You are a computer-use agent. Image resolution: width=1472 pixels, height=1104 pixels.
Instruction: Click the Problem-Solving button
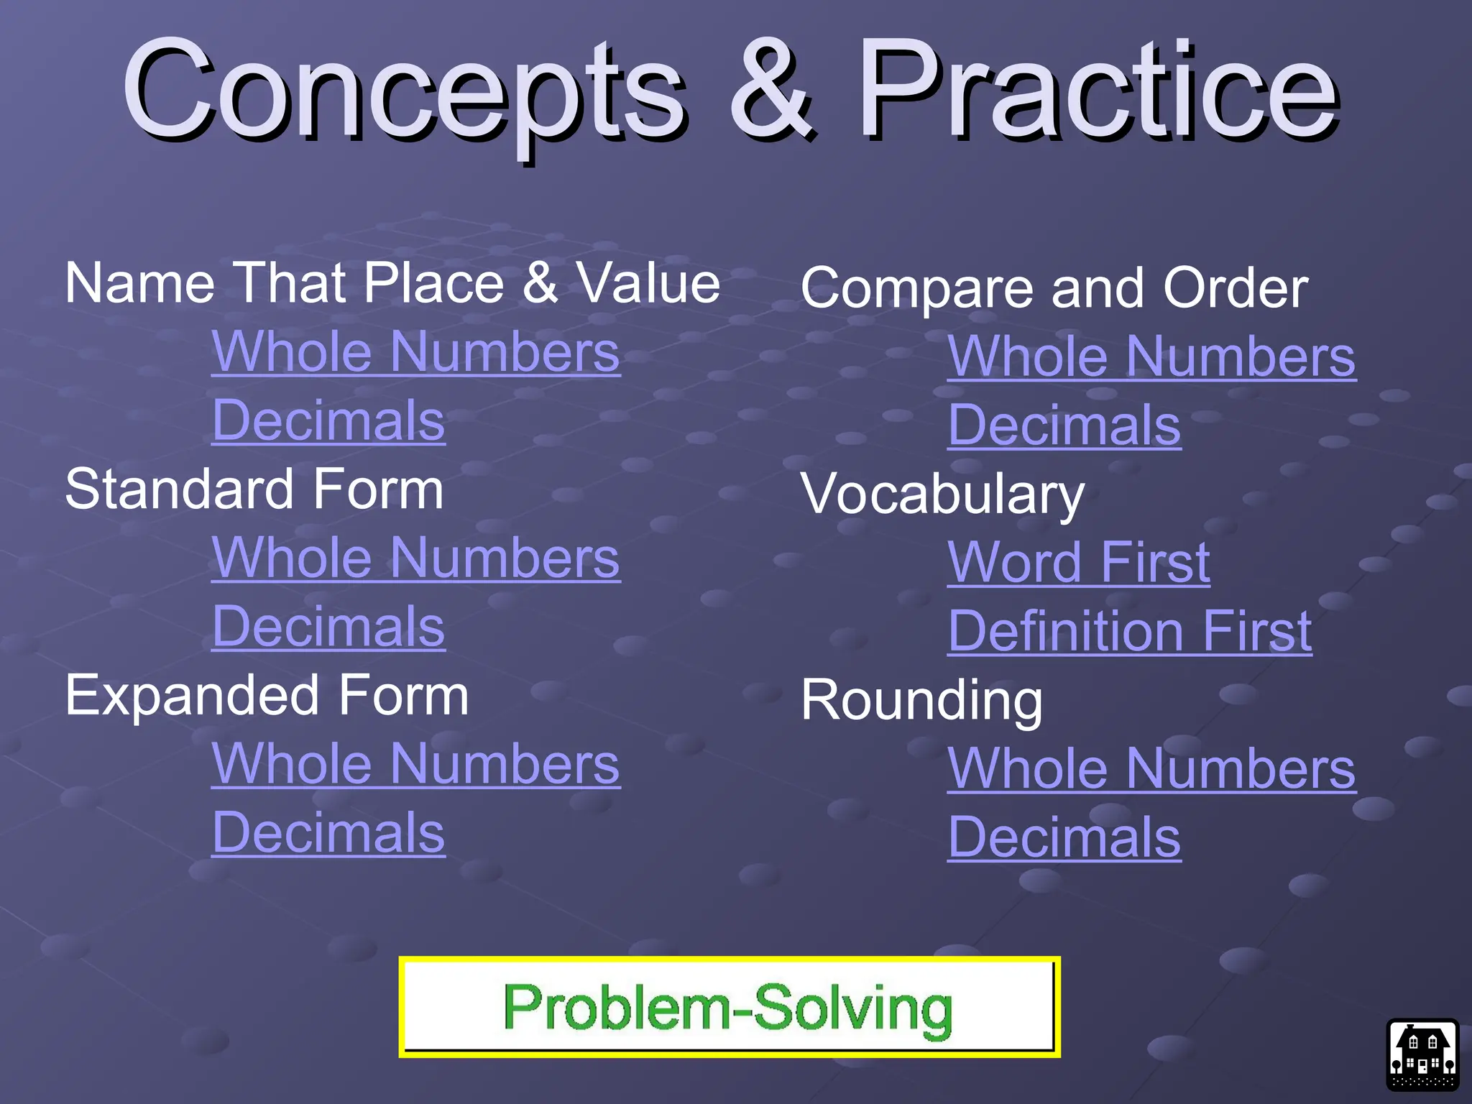(729, 1008)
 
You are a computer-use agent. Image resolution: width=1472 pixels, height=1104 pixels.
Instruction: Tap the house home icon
(1422, 1055)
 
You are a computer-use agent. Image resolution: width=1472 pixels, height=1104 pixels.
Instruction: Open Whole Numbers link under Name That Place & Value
(415, 352)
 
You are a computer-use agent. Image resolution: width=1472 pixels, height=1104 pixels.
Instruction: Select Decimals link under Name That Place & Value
(328, 420)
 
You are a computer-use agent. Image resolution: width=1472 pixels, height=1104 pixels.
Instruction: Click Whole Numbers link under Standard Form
(415, 558)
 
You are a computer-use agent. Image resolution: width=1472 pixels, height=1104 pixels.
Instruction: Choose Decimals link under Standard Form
(328, 627)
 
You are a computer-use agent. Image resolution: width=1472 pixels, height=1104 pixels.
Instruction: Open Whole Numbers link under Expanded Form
(415, 765)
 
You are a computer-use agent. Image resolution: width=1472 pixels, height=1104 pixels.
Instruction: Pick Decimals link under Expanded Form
(328, 833)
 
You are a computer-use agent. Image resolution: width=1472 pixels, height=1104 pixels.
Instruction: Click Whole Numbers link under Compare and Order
(1151, 357)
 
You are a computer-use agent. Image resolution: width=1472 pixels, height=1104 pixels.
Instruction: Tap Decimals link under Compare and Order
(1064, 425)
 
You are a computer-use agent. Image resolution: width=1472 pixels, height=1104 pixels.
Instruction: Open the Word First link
(1079, 563)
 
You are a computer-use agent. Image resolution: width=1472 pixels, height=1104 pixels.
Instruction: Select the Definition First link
(1130, 631)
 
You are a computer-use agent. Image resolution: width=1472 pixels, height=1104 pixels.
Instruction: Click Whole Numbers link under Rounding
(1151, 769)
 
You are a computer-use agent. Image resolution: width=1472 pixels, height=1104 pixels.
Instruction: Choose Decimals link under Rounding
(1064, 837)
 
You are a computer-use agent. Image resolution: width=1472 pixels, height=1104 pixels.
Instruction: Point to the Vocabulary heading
(942, 494)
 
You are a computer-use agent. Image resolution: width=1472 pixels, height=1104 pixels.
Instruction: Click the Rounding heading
(921, 701)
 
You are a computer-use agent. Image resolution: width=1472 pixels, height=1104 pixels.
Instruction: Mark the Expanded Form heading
(267, 696)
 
